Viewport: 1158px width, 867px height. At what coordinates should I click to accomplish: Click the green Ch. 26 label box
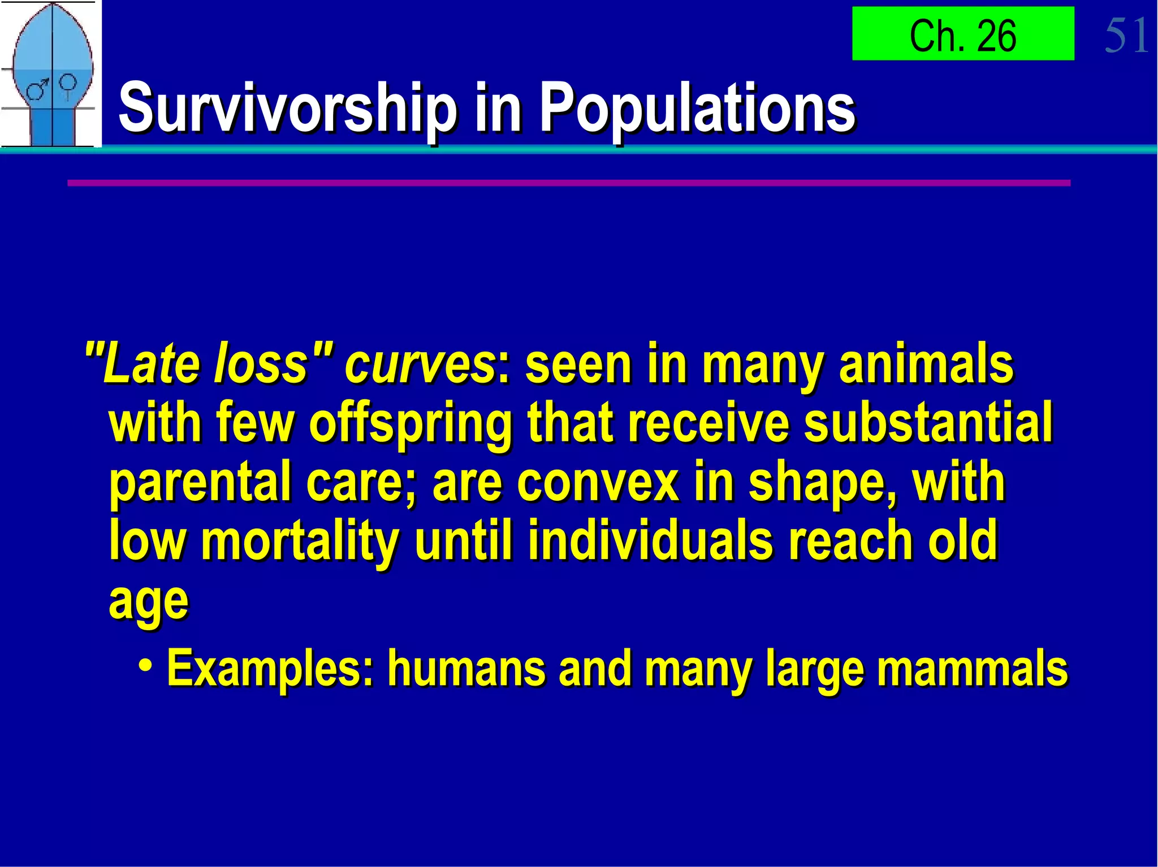coord(962,34)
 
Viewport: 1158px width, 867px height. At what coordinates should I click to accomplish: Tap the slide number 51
coord(1126,35)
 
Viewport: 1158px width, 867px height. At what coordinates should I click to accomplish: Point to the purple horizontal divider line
coord(568,183)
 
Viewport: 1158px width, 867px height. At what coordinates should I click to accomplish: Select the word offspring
coord(411,424)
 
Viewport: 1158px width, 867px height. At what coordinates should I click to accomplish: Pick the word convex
coord(597,483)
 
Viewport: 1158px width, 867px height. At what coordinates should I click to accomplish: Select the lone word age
coord(148,602)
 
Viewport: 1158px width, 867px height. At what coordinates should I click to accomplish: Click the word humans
coord(466,669)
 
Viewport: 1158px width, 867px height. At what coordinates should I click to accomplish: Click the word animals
coord(926,365)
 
